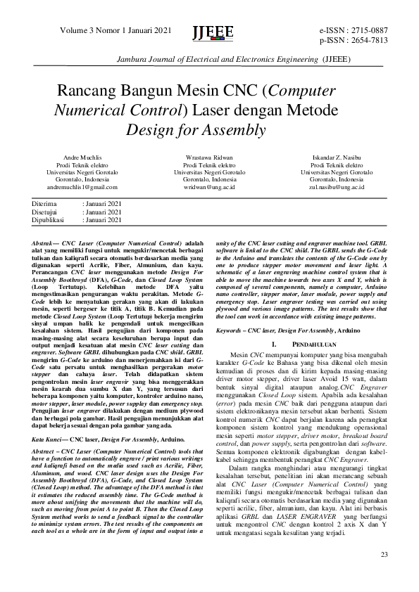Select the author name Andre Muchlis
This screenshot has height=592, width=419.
[x=82, y=157]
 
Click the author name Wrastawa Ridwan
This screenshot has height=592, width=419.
[x=209, y=157]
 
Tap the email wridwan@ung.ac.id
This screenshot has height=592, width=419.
[x=209, y=188]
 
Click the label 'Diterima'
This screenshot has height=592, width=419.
[x=45, y=204]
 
